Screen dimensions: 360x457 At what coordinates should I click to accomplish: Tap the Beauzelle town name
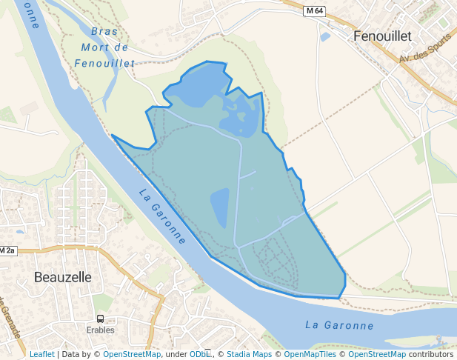tap(63, 277)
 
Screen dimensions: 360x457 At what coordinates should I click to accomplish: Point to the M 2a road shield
tap(7, 250)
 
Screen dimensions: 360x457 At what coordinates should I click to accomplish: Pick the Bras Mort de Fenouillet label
tap(106, 47)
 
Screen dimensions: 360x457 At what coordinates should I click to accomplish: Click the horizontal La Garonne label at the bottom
tap(339, 325)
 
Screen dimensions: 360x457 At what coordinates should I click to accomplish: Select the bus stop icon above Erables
tap(101, 319)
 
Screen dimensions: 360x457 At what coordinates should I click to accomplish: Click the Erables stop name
tap(101, 330)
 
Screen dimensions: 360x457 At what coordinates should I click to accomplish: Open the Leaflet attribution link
tap(41, 354)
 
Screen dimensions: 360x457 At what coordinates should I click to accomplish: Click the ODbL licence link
tap(200, 354)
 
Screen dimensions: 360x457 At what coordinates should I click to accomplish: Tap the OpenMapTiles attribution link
tap(311, 354)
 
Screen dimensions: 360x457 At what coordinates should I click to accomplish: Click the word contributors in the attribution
tap(430, 354)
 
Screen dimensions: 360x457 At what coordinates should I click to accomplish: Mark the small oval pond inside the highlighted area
tap(220, 207)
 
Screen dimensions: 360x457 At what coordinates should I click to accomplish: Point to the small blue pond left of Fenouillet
tap(325, 36)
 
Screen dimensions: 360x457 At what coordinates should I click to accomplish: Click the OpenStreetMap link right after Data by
tap(132, 354)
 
